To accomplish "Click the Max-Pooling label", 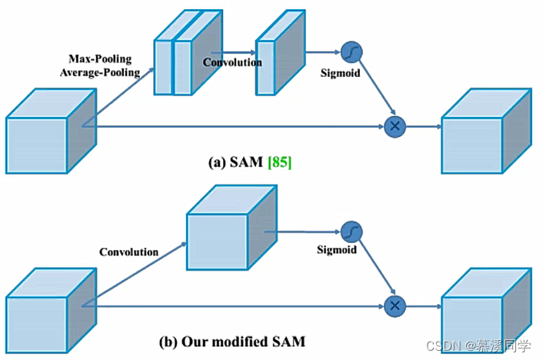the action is point(100,59).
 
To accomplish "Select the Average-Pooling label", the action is point(100,72).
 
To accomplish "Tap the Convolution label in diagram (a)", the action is point(232,62).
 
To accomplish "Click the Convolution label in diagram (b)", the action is point(128,252).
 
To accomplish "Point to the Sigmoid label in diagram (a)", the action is point(340,73).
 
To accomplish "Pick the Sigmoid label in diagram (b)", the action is point(337,249).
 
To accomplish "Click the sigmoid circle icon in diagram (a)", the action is point(351,52).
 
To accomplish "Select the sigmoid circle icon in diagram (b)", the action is point(351,232).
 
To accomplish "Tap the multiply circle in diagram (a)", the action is point(395,126).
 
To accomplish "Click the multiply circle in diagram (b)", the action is point(395,306).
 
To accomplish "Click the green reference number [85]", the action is point(280,162).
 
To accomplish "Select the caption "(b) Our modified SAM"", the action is point(232,342).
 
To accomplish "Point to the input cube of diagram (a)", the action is point(51,131).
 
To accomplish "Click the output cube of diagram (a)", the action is point(486,131).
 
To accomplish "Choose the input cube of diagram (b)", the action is point(51,311).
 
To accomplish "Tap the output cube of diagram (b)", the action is point(486,311).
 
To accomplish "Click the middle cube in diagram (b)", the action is point(232,227).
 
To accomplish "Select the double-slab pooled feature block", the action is point(188,52).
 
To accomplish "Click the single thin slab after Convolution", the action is point(280,52).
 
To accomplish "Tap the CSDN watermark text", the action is point(478,346).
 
